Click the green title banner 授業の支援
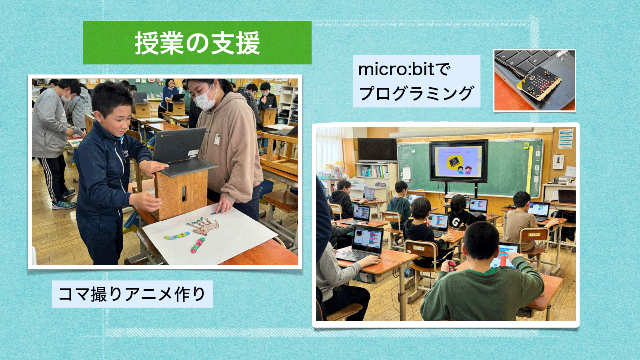point(197,42)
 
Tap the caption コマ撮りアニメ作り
point(132,294)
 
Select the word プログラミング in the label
point(416,93)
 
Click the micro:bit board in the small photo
point(539,84)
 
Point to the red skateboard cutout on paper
point(198,245)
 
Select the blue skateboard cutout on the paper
point(177,236)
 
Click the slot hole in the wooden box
point(184,194)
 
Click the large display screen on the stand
point(458,161)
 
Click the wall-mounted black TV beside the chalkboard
point(377,150)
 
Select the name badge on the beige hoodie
point(217,138)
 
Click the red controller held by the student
point(452,266)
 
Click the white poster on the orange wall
point(566,138)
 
